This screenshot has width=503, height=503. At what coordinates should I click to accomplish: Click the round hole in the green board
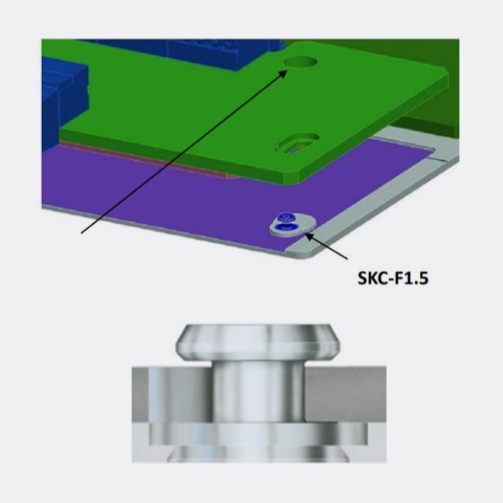click(298, 63)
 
